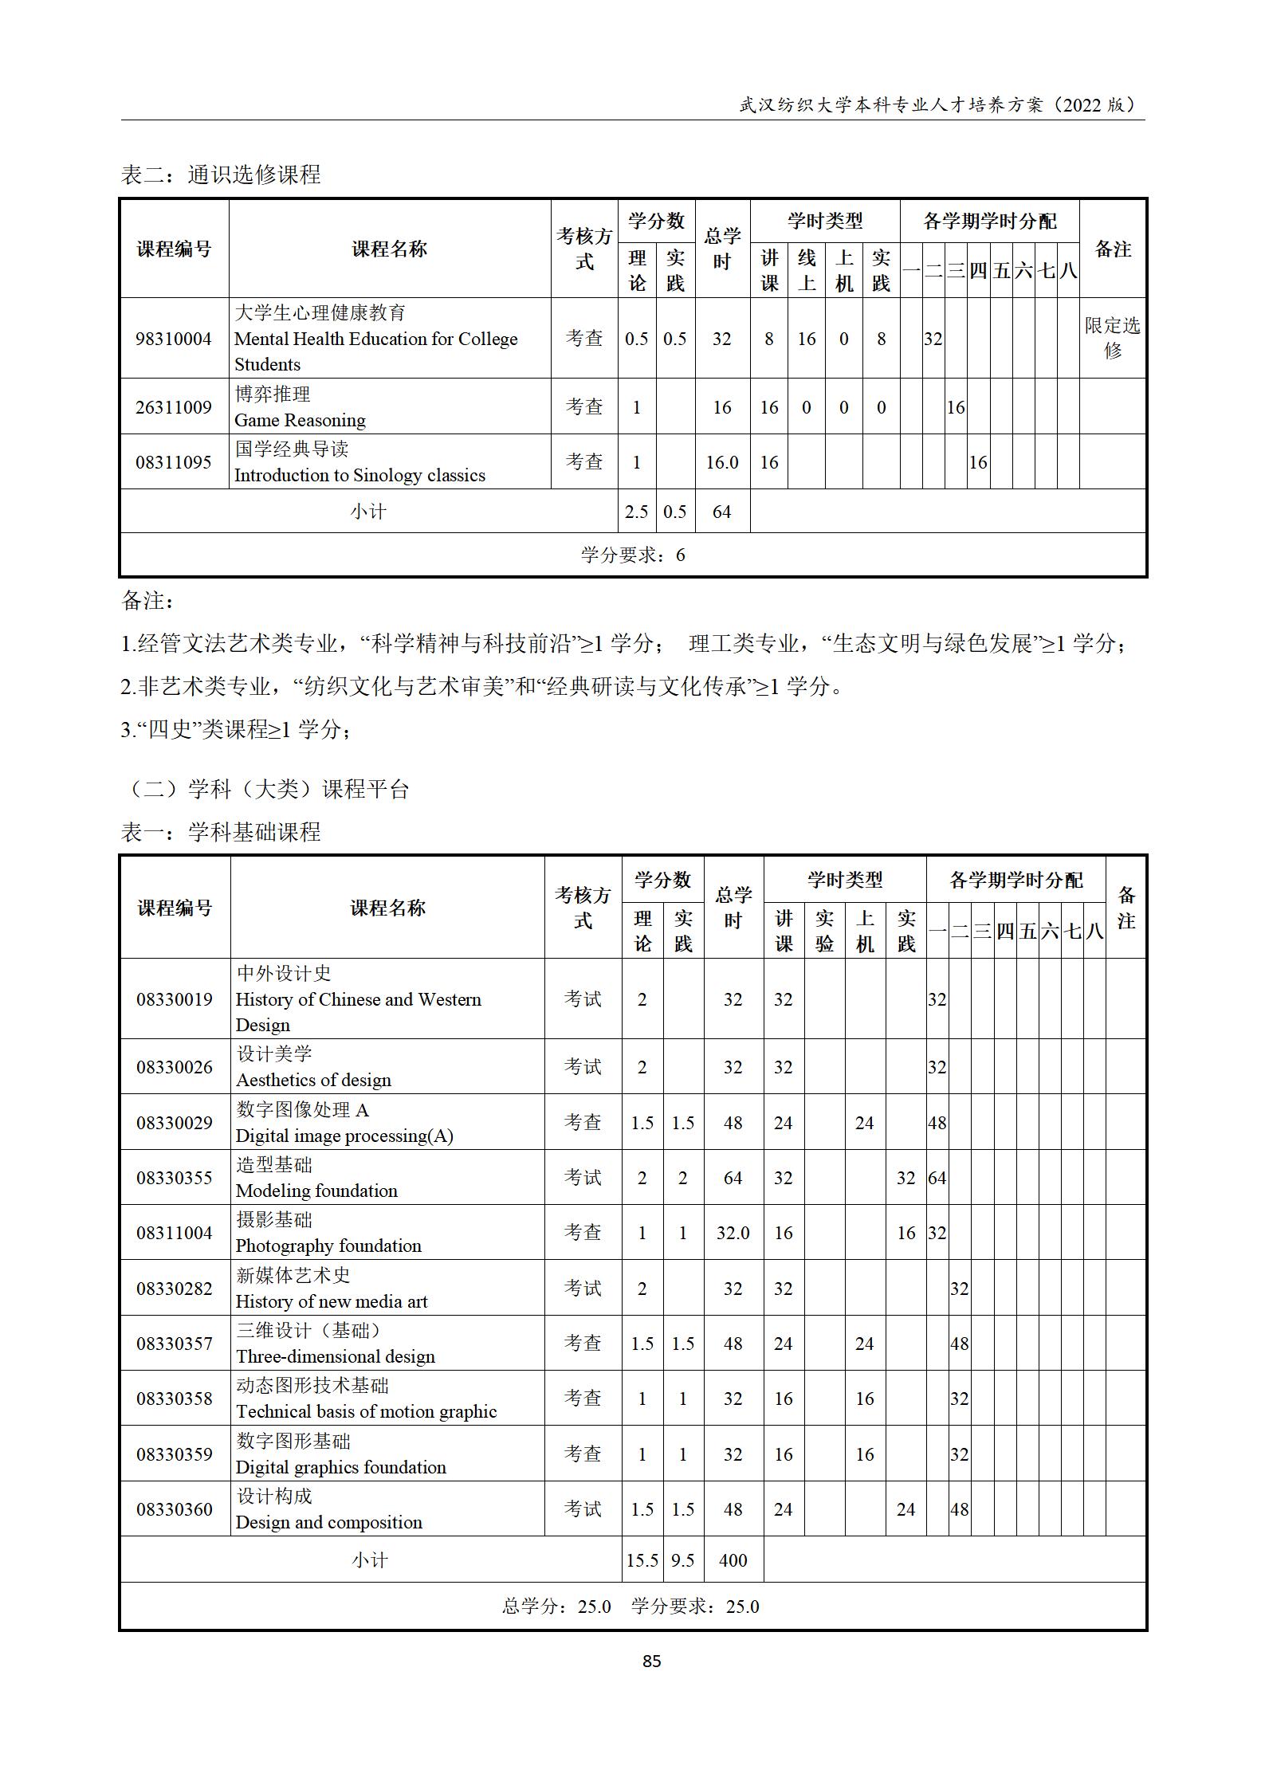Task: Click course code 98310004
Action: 173,339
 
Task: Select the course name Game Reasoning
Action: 300,420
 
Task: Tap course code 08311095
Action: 173,462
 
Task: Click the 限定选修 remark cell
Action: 1112,338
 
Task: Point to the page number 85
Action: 651,1661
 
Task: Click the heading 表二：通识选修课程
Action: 221,175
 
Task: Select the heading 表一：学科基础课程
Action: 221,833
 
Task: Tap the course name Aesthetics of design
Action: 313,1080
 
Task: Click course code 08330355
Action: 175,1177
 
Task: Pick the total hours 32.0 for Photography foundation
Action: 733,1233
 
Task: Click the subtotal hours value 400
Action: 733,1559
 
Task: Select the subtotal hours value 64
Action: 721,512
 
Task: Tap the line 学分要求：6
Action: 633,555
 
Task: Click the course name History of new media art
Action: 332,1301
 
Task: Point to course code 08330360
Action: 175,1509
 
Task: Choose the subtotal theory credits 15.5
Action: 642,1559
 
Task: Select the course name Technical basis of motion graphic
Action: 366,1411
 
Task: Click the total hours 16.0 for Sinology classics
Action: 721,462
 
